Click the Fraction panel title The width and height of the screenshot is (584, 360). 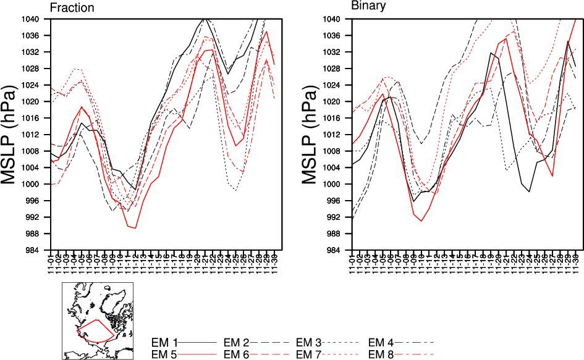coord(72,8)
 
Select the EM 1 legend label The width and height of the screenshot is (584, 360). coord(164,342)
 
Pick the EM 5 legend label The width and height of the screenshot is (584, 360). coord(164,354)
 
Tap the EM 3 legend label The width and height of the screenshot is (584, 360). coord(309,342)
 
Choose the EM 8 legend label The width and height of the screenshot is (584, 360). coord(381,354)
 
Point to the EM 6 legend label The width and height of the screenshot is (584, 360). coord(236,354)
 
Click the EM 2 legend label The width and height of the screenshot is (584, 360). coord(236,342)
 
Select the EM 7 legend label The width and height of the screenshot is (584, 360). coord(309,354)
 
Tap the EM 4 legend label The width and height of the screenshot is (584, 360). coord(381,342)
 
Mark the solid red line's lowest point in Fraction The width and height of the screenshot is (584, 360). coord(135,228)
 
